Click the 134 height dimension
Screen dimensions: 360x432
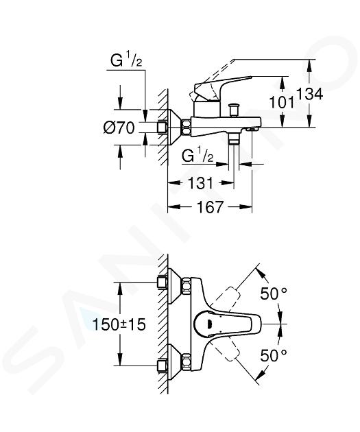(x=309, y=94)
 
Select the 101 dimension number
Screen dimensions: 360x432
(x=281, y=102)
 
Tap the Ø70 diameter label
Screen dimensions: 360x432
(x=119, y=128)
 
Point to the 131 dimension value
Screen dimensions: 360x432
(x=200, y=183)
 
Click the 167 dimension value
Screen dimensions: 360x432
(x=210, y=206)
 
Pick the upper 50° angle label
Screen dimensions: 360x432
(x=274, y=293)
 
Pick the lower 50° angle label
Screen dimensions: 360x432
(x=274, y=355)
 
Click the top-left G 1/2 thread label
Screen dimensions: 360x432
(x=126, y=61)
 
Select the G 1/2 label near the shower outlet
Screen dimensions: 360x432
(x=197, y=156)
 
